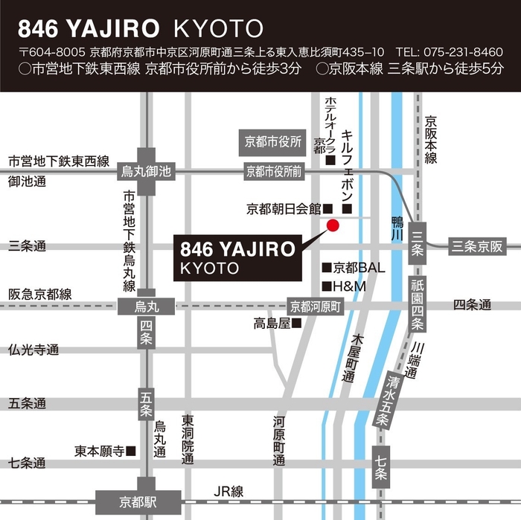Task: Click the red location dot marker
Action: (333, 225)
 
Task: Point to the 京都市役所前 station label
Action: (275, 172)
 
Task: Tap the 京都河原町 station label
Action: (315, 306)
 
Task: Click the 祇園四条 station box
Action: (418, 303)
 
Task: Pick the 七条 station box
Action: (380, 463)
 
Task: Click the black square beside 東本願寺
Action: (131, 451)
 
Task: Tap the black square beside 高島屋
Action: (296, 323)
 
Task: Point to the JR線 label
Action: (228, 492)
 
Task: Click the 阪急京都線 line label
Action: (39, 295)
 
